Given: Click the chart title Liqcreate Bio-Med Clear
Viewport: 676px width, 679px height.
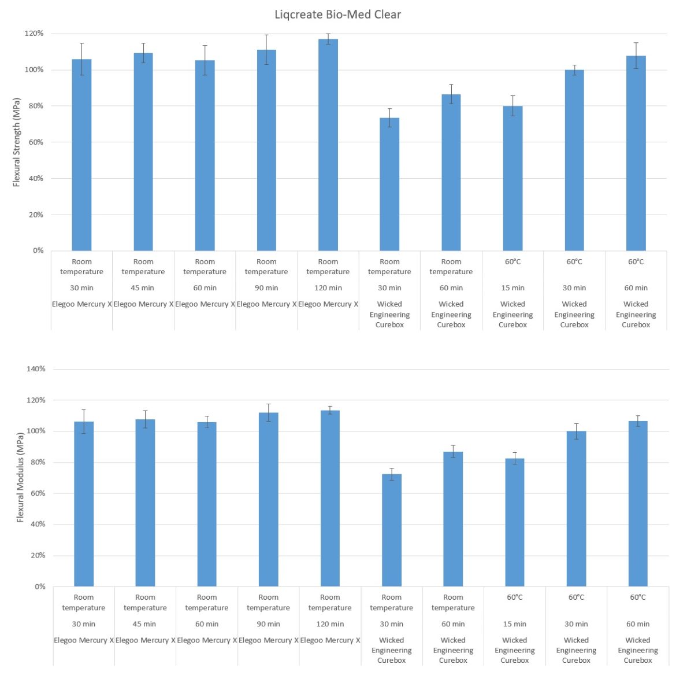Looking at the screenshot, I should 337,14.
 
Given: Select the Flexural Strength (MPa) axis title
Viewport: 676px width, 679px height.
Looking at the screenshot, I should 16,142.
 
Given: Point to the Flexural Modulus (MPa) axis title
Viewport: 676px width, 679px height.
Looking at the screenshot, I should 20,477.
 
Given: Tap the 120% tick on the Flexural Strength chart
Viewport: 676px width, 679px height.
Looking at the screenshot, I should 34,34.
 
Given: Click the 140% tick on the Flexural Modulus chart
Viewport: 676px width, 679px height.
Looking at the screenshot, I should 36,369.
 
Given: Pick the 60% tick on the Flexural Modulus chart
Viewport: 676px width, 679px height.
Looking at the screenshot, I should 36,493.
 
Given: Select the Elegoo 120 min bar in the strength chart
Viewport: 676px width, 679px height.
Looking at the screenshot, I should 328,145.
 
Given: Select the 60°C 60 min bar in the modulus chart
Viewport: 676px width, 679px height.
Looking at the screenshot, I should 638,503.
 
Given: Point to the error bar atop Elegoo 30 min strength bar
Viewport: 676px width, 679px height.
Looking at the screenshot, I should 82,59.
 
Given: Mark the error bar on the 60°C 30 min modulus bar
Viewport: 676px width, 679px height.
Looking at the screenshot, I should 576,431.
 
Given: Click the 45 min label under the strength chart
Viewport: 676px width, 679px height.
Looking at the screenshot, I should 143,288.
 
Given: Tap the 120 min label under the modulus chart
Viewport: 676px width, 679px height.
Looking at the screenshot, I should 330,624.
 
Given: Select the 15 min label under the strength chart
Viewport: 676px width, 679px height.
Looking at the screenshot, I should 512,288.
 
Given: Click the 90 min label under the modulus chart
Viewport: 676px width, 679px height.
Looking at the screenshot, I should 268,624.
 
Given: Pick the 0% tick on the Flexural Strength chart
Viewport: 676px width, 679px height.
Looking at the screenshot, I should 38,250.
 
